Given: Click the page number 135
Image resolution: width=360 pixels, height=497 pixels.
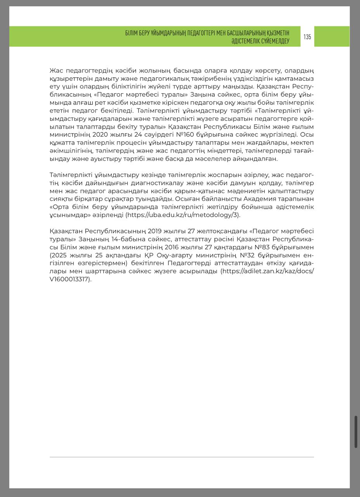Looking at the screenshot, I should tap(307, 37).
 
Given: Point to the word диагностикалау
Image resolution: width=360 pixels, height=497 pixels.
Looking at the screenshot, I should tap(171, 183).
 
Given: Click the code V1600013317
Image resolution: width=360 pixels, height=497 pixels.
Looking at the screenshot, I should tap(70, 279).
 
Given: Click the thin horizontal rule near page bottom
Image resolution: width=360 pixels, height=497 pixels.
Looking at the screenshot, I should tap(182, 457).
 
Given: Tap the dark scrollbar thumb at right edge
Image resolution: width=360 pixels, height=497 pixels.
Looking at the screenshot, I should tap(356, 431).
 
